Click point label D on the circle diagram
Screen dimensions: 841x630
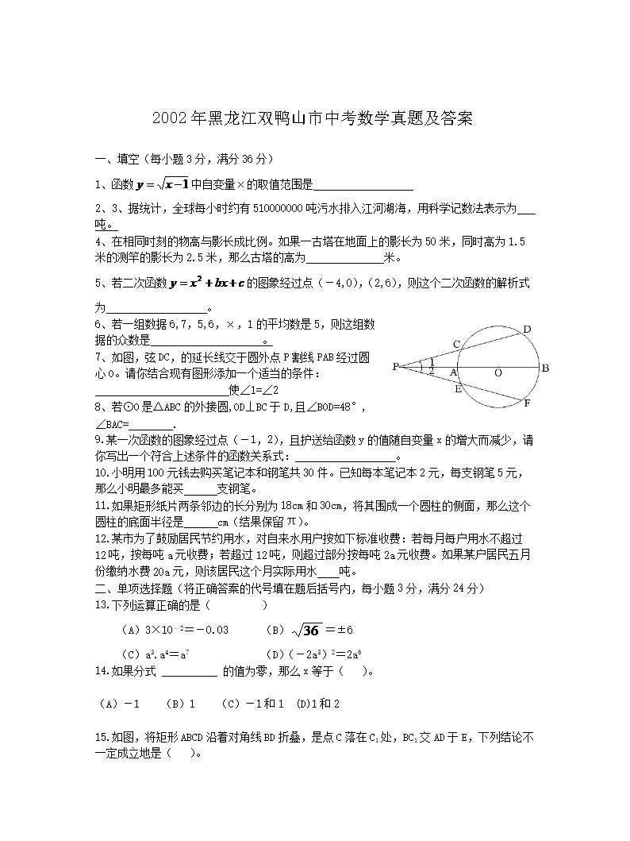(526, 329)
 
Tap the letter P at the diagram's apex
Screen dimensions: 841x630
(395, 367)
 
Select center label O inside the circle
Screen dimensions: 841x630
(498, 372)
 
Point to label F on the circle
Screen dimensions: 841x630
(527, 403)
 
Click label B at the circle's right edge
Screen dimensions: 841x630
(546, 368)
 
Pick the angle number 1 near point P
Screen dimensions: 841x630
(431, 361)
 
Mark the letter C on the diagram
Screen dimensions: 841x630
(456, 344)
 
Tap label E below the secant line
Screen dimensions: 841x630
(458, 389)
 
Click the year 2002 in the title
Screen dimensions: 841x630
(168, 119)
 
